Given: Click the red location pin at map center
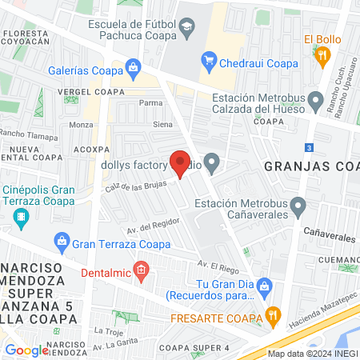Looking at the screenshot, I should (181, 163).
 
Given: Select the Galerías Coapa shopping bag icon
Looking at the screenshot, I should (134, 66).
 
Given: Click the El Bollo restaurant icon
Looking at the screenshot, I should (322, 55).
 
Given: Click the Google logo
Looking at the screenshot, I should (26, 350).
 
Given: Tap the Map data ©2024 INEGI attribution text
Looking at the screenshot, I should (311, 354).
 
